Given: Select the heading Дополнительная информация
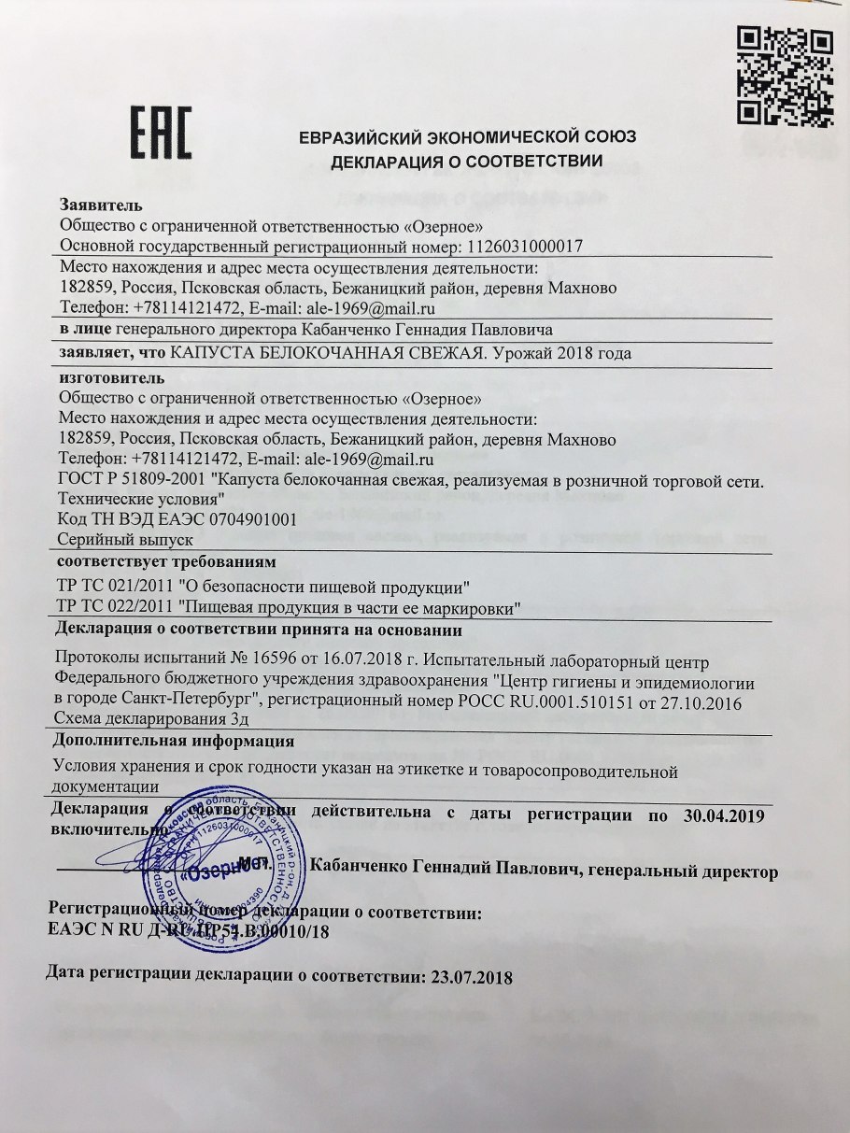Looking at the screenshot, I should [x=175, y=742].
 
